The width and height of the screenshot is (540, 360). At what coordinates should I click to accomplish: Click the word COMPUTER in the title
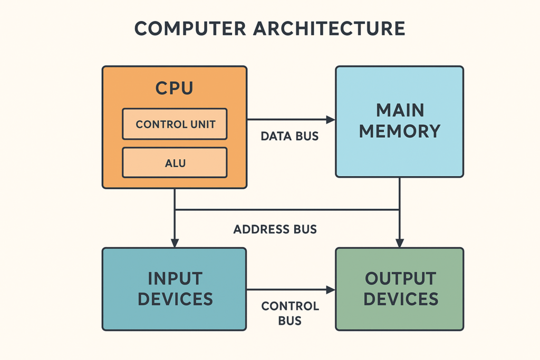pos(189,28)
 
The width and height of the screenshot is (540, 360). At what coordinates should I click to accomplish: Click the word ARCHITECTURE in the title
pos(329,28)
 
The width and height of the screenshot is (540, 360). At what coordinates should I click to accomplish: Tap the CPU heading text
pos(174,88)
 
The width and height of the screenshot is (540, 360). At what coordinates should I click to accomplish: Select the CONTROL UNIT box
pos(175,124)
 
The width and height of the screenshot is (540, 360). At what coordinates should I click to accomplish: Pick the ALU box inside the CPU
pos(175,163)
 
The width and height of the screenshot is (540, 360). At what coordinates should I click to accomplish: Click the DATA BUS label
pos(290,137)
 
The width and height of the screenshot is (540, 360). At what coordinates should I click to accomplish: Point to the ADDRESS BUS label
pos(275,229)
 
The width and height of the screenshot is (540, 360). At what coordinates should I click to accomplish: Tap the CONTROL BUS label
pos(290,313)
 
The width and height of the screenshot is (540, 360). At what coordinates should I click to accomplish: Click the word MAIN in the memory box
pos(400,110)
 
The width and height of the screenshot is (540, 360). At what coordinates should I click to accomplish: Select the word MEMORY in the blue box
pos(400,131)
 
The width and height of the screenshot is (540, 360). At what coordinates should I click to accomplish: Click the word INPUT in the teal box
pos(175,278)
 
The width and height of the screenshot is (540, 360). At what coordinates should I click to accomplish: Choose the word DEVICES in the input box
pos(175,299)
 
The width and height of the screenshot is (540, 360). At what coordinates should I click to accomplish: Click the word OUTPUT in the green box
pos(400,278)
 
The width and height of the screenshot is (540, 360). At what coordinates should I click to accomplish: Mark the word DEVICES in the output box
pos(400,299)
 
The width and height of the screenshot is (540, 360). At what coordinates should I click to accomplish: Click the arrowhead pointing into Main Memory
pos(331,120)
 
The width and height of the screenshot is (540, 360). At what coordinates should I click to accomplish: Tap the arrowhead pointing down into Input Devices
pos(175,243)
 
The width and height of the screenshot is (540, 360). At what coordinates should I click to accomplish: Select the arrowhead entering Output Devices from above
pos(400,243)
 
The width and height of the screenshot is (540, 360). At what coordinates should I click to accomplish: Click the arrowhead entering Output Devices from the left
pos(331,289)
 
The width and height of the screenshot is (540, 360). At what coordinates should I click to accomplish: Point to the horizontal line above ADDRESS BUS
pos(287,210)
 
